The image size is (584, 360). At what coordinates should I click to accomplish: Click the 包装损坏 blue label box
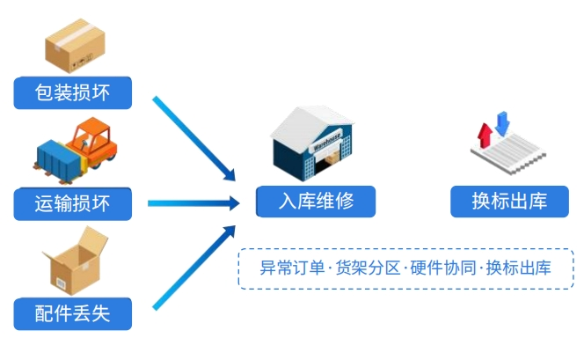[73, 92]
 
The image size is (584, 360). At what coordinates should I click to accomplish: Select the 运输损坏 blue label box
[73, 204]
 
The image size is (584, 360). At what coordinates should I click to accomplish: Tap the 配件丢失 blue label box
[73, 313]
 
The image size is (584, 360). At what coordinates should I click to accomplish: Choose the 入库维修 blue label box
[316, 202]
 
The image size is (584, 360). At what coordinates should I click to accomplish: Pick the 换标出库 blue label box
[509, 202]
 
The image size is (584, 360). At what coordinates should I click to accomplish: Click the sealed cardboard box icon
[75, 46]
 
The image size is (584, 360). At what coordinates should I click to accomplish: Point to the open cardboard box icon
[76, 261]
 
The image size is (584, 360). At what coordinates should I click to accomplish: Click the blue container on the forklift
[60, 161]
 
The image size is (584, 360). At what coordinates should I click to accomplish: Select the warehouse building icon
[312, 143]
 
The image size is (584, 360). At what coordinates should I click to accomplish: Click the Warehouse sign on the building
[326, 141]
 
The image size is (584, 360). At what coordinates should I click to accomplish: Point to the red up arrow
[485, 136]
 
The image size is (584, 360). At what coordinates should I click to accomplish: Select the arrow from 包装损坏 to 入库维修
[193, 139]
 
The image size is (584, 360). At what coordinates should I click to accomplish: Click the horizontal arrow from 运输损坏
[193, 203]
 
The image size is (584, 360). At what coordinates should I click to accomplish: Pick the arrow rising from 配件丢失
[193, 268]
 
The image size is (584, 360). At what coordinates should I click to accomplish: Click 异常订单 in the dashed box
[292, 268]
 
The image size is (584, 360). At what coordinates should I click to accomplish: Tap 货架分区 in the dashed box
[368, 268]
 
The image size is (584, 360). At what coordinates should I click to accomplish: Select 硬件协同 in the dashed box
[443, 268]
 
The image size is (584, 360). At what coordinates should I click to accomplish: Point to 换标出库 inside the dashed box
[518, 268]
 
